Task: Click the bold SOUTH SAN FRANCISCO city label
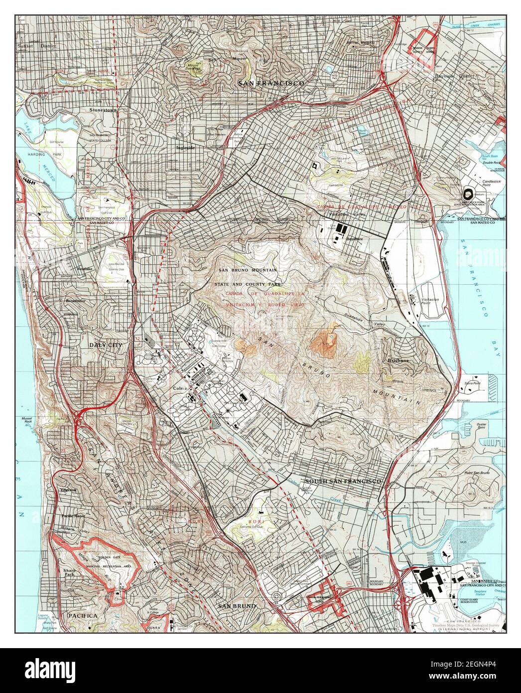(343, 482)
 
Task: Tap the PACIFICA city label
(83, 616)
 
